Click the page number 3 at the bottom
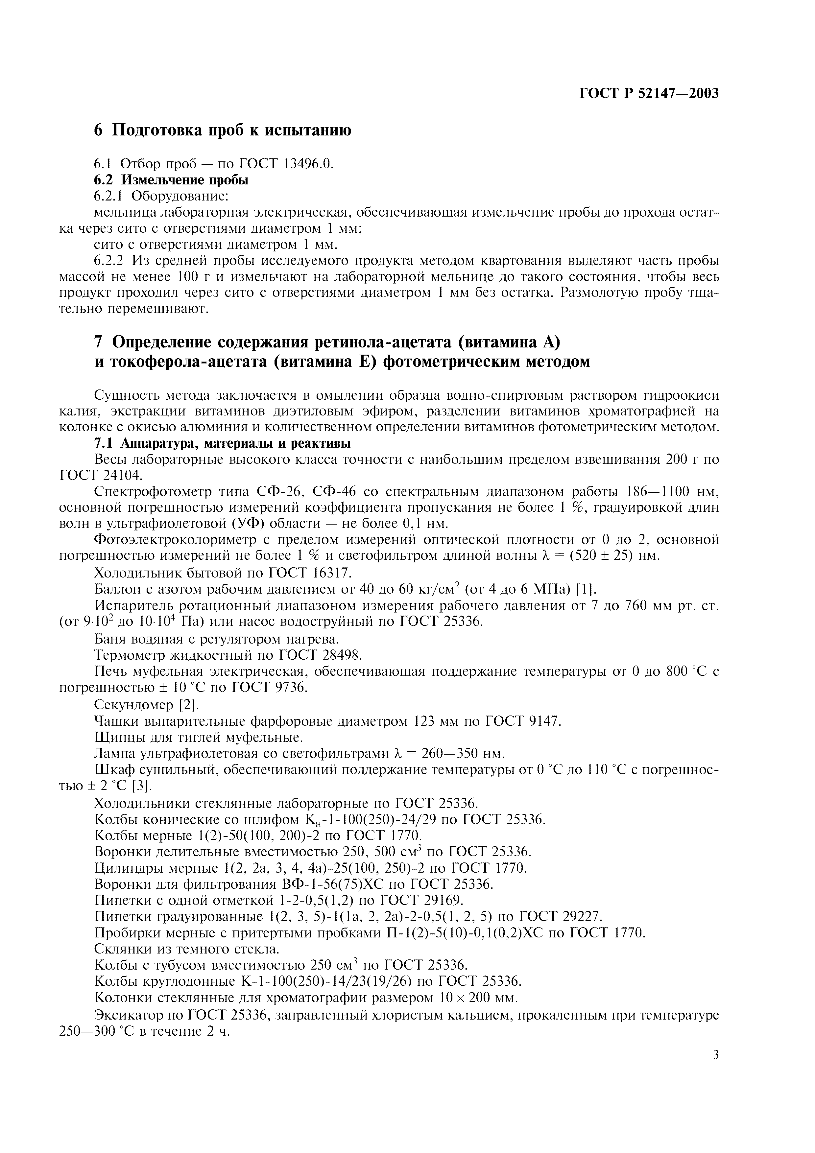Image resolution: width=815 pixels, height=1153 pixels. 716,1055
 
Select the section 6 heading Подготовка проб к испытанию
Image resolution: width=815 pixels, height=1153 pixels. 223,130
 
